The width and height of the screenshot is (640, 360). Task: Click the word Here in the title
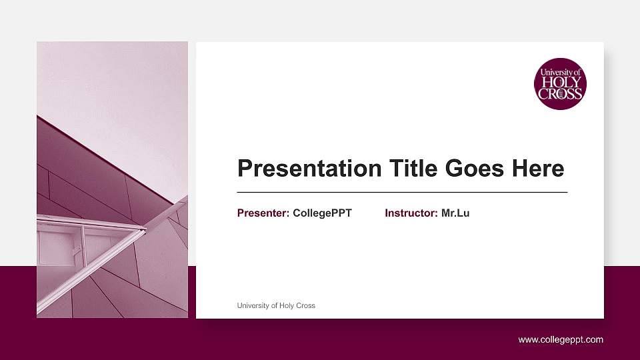[538, 169]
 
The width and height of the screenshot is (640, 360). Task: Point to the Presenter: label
[263, 213]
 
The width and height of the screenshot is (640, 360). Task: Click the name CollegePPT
[322, 213]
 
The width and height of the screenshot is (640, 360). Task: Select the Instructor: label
[411, 213]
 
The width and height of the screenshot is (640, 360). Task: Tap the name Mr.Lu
[455, 213]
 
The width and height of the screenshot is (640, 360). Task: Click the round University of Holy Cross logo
[560, 83]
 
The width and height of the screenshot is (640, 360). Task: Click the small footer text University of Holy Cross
[276, 305]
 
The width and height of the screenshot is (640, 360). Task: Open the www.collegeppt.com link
[561, 340]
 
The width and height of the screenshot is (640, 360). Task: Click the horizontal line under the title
[402, 192]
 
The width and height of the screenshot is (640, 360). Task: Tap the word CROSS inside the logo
[560, 94]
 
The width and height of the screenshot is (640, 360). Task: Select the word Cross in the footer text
[306, 305]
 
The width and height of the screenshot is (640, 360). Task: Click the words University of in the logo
[561, 72]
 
